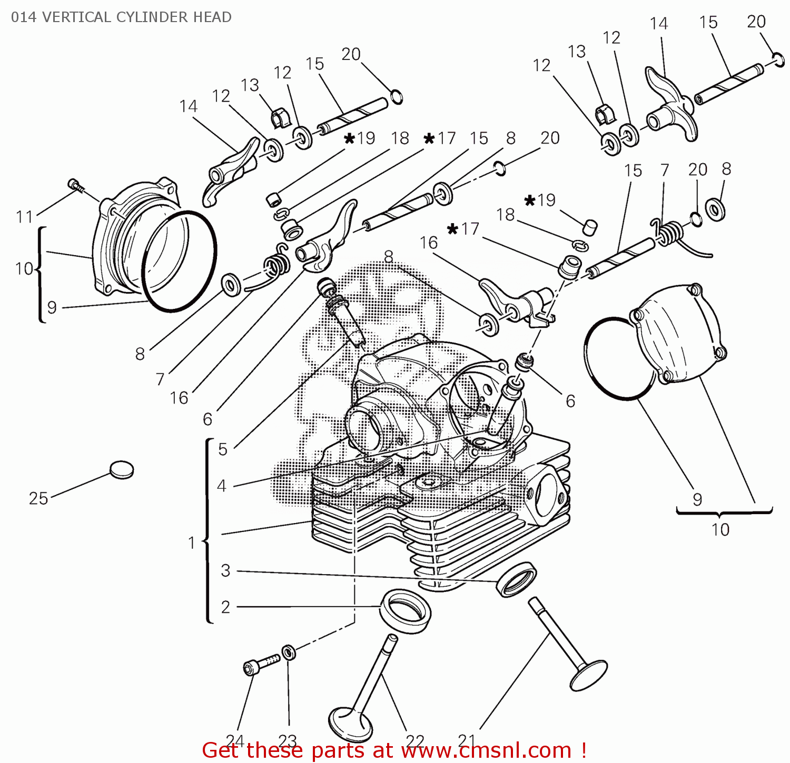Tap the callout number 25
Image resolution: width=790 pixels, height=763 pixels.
38,498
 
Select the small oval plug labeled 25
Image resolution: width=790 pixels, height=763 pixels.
122,470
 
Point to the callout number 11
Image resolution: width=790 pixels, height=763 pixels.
24,216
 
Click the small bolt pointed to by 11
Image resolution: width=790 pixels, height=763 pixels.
75,185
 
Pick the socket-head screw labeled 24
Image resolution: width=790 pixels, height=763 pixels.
260,664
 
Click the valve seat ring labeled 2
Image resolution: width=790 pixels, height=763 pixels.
406,611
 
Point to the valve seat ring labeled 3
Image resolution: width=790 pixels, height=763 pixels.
517,579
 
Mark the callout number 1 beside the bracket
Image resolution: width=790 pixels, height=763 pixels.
192,542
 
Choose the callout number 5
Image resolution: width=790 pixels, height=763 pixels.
223,449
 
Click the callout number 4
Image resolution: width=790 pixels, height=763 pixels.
222,485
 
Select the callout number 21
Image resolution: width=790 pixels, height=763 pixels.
467,740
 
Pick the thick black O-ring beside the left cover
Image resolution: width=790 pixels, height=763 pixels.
180,262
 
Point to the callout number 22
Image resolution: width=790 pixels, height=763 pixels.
415,741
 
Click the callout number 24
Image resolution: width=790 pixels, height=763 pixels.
235,740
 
